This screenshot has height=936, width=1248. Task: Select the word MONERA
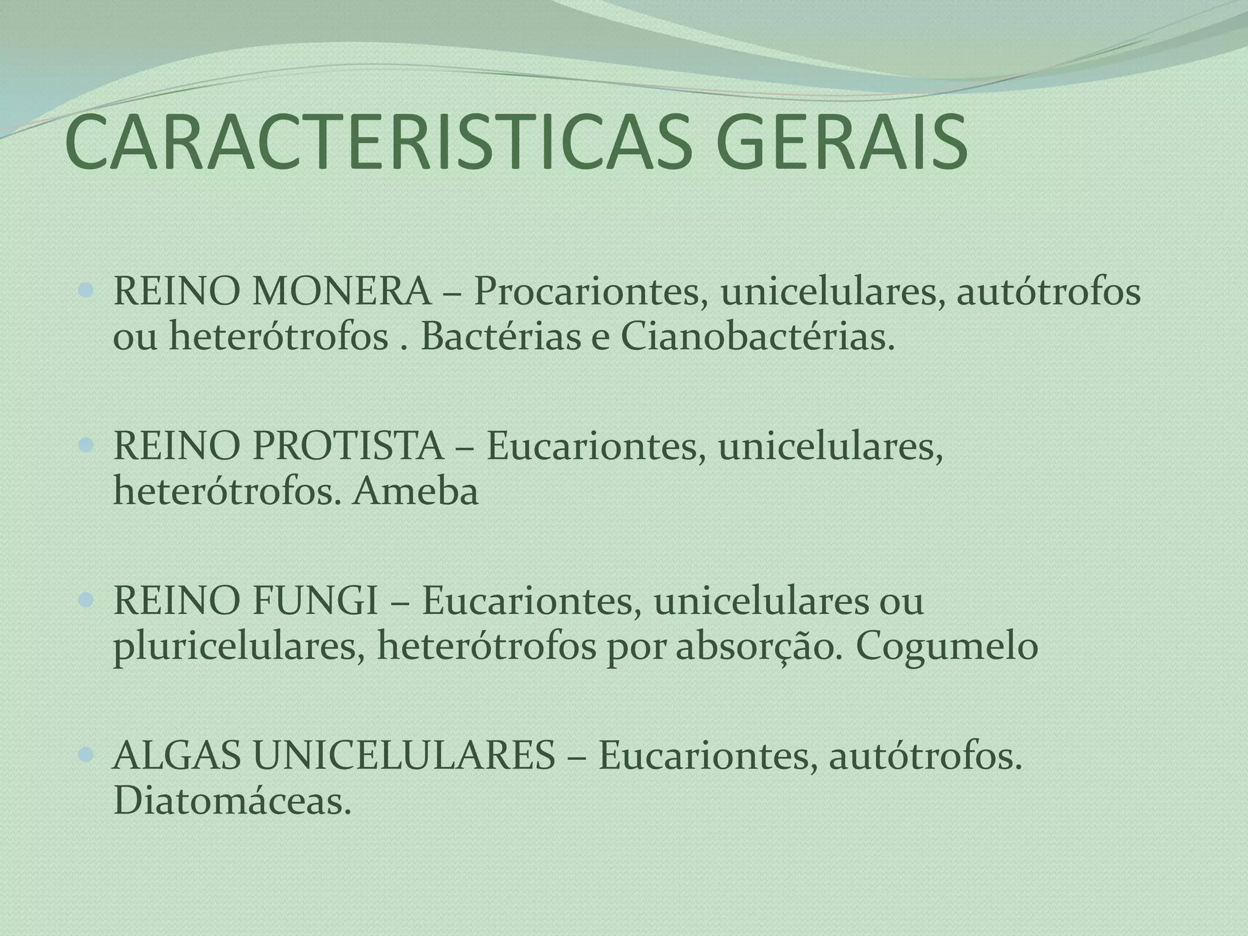coord(341,291)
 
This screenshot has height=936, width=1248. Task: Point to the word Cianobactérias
coord(758,337)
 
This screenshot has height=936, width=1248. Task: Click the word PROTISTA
coord(348,446)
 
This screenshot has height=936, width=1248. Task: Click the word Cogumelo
coord(948,647)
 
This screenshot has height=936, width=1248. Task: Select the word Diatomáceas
coord(232,801)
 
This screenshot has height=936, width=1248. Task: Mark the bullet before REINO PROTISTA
coord(87,447)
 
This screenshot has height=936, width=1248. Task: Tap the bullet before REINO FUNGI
coord(87,602)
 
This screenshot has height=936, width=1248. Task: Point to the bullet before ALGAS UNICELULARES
coord(87,757)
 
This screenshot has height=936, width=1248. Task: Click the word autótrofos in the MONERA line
coord(1048,291)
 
